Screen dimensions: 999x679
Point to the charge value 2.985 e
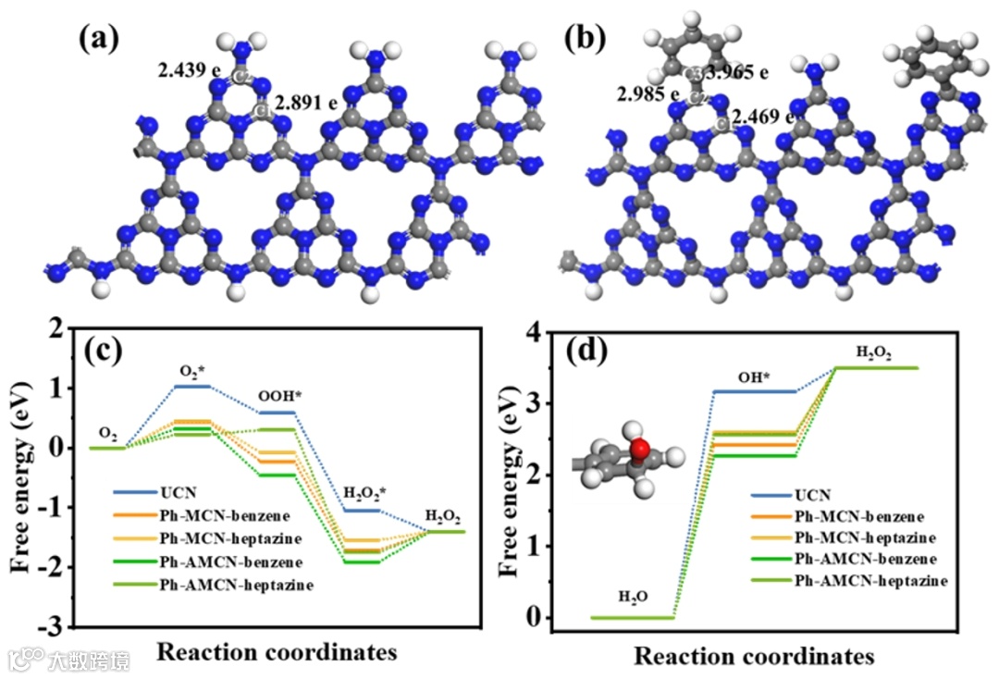coord(649,93)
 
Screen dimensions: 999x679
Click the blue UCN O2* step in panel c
coord(192,386)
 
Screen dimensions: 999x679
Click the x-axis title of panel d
coord(754,656)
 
